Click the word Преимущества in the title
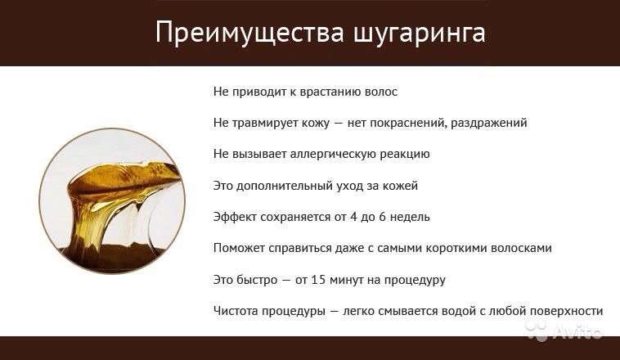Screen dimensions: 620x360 coord(250,33)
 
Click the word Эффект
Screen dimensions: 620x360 coord(235,217)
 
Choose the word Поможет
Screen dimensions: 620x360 coord(239,248)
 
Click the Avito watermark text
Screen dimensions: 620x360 coord(577,331)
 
